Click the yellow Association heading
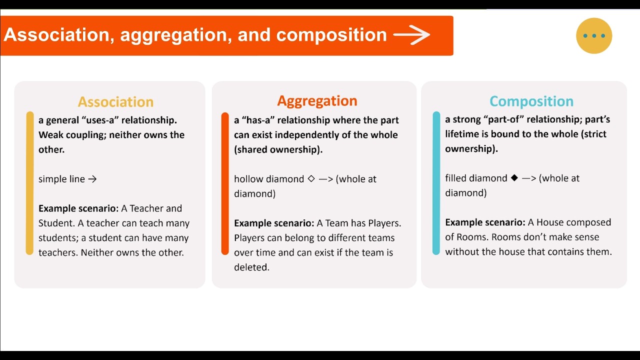115,102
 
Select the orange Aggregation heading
317,101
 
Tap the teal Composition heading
531,101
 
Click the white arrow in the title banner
411,35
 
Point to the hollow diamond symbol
311,178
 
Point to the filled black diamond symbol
514,178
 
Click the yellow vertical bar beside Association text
30,183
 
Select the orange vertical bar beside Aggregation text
225,183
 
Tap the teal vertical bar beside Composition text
436,183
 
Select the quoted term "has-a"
260,120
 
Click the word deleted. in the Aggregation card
251,267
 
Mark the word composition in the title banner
331,35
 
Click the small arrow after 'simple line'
92,179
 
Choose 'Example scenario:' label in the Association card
78,208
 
